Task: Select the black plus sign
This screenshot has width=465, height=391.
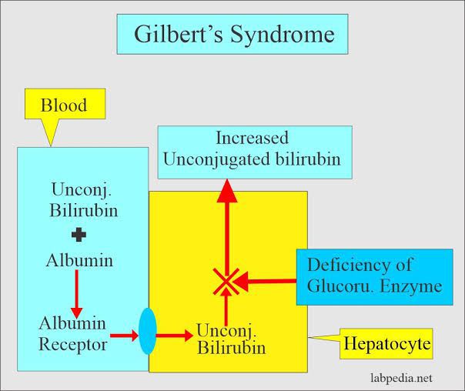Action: (79, 233)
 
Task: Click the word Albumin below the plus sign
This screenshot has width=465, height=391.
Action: (79, 260)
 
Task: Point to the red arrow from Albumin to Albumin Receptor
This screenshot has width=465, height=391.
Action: (76, 291)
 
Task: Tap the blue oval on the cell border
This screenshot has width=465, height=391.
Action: (148, 331)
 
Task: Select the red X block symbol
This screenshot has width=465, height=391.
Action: (226, 281)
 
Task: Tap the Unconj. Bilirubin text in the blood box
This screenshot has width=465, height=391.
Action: (79, 199)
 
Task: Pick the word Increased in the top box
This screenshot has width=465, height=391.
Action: (253, 139)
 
